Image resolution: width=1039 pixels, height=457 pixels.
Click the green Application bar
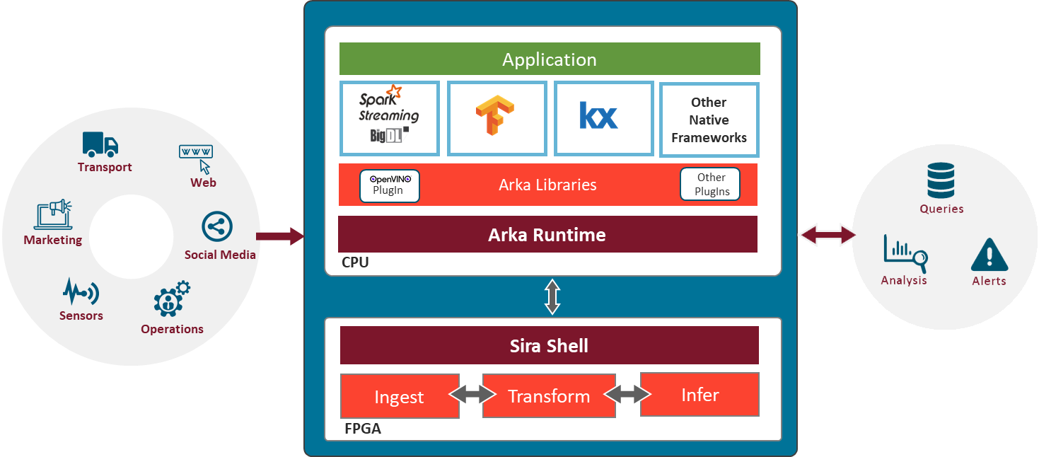pyautogui.click(x=550, y=59)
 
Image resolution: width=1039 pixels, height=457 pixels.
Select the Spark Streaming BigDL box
pyautogui.click(x=390, y=118)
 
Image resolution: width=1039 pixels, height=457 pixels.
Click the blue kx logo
pyautogui.click(x=598, y=116)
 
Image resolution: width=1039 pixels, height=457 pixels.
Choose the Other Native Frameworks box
pyautogui.click(x=709, y=120)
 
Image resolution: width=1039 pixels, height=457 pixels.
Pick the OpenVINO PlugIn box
pyautogui.click(x=389, y=185)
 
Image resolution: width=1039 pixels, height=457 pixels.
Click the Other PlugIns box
pyautogui.click(x=711, y=184)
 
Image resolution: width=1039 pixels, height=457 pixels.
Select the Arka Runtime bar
pyautogui.click(x=547, y=234)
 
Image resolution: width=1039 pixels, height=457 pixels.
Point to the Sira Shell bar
pyautogui.click(x=549, y=345)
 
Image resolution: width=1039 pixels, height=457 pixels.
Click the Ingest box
pyautogui.click(x=400, y=396)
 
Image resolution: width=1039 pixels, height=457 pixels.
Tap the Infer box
pyautogui.click(x=700, y=394)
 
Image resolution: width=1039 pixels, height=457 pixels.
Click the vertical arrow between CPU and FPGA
pyautogui.click(x=552, y=296)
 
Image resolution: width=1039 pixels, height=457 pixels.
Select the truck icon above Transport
pyautogui.click(x=100, y=144)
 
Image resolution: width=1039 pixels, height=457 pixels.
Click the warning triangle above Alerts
pyautogui.click(x=989, y=255)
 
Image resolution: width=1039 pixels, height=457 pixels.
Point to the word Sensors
pyautogui.click(x=81, y=316)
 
